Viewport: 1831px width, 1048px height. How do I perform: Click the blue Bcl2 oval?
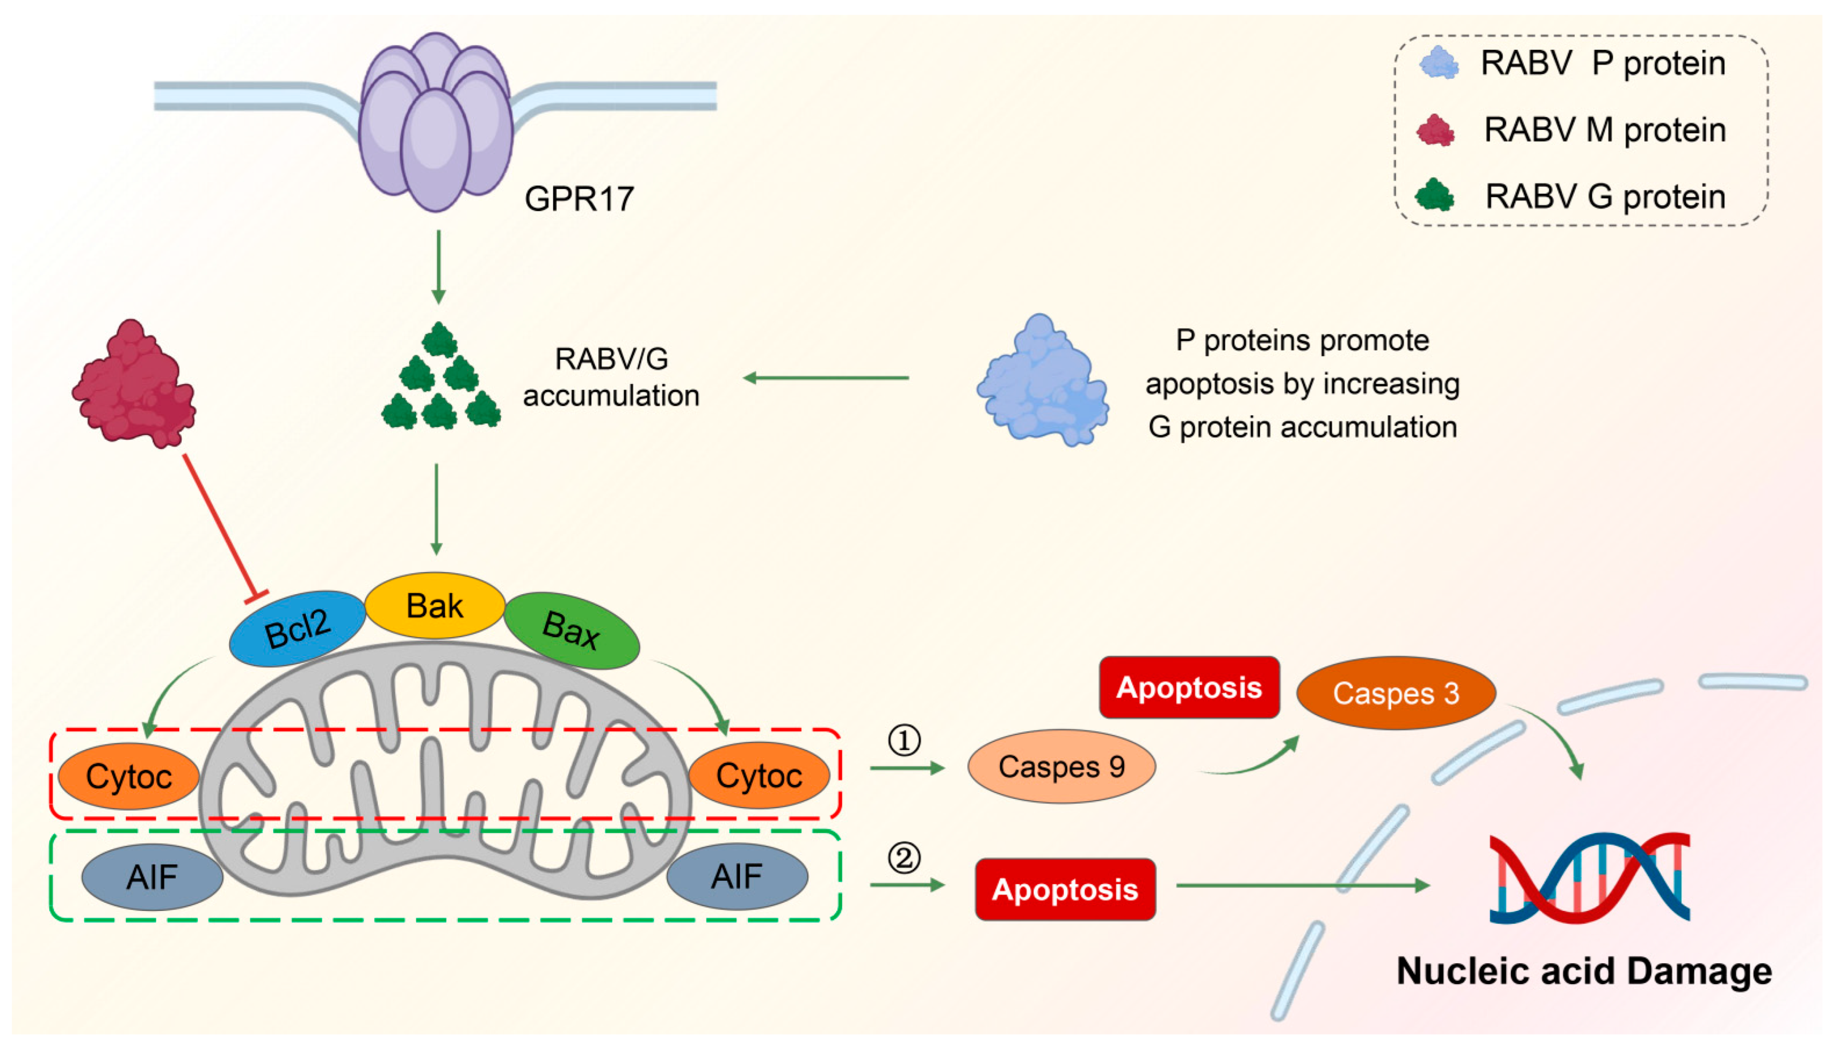click(x=297, y=628)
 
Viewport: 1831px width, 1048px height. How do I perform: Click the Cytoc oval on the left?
click(x=129, y=776)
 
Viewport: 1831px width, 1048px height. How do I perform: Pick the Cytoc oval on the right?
click(x=759, y=775)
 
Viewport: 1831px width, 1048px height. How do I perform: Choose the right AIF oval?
click(x=737, y=876)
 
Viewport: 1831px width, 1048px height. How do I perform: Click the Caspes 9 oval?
click(x=1061, y=767)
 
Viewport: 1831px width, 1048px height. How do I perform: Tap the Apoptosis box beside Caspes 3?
click(x=1189, y=687)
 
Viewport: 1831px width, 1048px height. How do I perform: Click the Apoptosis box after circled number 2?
click(x=1066, y=890)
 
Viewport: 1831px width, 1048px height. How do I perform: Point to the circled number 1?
click(x=904, y=740)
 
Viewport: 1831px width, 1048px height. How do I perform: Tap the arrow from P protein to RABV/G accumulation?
click(x=826, y=378)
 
